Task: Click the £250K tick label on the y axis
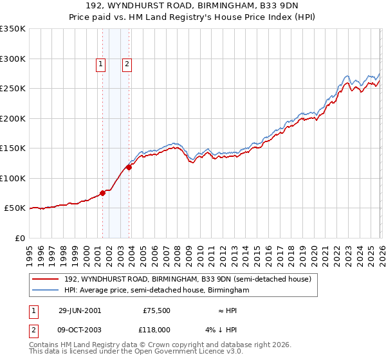[12, 89]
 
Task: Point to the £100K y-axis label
[12, 179]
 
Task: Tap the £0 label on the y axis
[19, 239]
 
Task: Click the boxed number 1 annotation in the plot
[102, 64]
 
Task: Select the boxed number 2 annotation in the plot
[127, 64]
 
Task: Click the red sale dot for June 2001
[103, 193]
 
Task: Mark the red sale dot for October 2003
[129, 167]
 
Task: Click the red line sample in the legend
[46, 280]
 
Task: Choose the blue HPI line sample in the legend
[46, 291]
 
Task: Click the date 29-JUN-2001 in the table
[80, 310]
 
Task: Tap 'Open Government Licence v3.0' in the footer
[192, 352]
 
